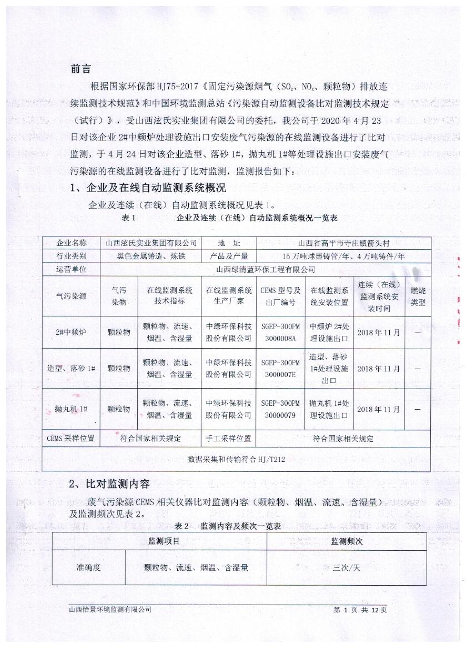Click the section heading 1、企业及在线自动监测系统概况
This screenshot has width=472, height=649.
pyautogui.click(x=148, y=188)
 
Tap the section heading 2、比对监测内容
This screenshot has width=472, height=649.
pyautogui.click(x=109, y=484)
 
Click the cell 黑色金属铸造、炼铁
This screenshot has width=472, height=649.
pyautogui.click(x=150, y=256)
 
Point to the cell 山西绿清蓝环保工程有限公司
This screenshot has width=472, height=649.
pyautogui.click(x=265, y=270)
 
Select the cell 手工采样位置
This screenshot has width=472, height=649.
pyautogui.click(x=228, y=439)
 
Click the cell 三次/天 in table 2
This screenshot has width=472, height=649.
pyautogui.click(x=347, y=568)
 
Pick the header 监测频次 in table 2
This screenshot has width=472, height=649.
pyautogui.click(x=347, y=541)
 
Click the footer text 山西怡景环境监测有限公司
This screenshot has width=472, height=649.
pyautogui.click(x=109, y=610)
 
